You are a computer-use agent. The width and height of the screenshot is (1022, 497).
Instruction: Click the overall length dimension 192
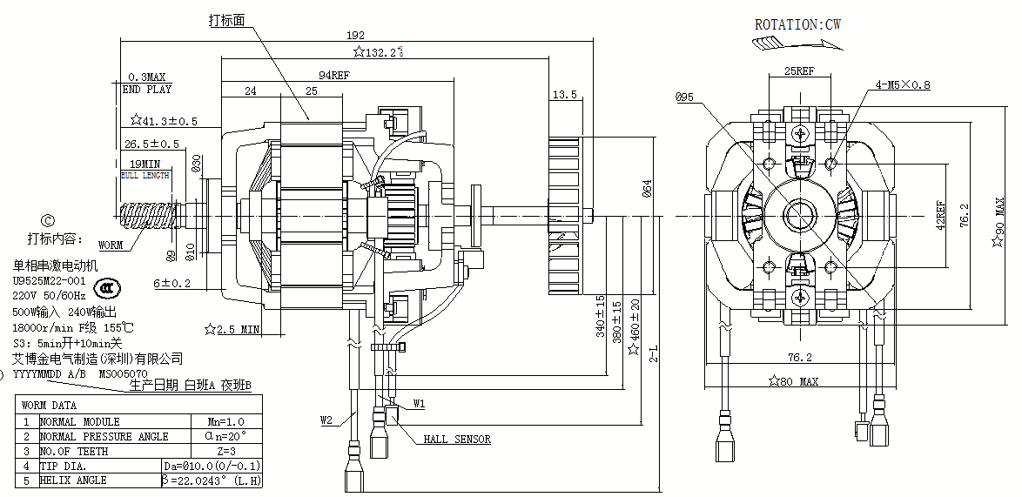(x=355, y=36)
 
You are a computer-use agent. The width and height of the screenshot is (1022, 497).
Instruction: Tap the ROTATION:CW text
(x=797, y=24)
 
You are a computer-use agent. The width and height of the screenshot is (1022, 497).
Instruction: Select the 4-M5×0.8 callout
(x=903, y=85)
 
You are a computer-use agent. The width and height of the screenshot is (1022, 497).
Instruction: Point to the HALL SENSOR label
(x=457, y=440)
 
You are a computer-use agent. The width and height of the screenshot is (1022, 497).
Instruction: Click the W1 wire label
(x=419, y=404)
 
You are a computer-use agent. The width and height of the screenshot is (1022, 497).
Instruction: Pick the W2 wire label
(x=326, y=420)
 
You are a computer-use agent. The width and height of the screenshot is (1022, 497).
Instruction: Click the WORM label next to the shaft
(x=111, y=245)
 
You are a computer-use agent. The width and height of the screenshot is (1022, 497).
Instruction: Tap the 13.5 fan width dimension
(x=565, y=94)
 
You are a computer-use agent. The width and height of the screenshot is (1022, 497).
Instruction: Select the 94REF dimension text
(x=333, y=76)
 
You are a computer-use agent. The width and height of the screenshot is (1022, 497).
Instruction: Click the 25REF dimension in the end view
(x=799, y=71)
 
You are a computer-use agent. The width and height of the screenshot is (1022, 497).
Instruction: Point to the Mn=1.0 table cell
(x=228, y=420)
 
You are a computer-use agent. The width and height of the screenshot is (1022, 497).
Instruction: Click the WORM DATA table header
(x=49, y=406)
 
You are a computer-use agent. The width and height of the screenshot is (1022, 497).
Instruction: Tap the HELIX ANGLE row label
(x=73, y=480)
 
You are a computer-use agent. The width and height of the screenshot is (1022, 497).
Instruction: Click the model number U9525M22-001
(x=49, y=281)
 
